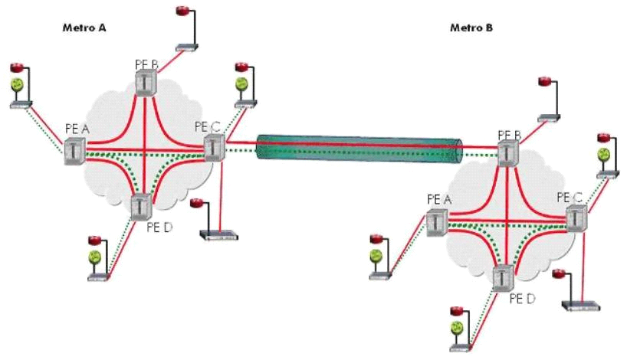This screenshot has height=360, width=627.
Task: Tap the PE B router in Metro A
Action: pyautogui.click(x=146, y=83)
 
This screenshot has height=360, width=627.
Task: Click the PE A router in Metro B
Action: pyautogui.click(x=437, y=221)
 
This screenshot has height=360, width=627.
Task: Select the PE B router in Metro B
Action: pyautogui.click(x=507, y=152)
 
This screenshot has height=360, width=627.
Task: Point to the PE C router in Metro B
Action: pyautogui.click(x=576, y=218)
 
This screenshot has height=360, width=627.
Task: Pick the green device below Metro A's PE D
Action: pyautogui.click(x=96, y=257)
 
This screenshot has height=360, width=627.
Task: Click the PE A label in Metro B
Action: pyautogui.click(x=438, y=199)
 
